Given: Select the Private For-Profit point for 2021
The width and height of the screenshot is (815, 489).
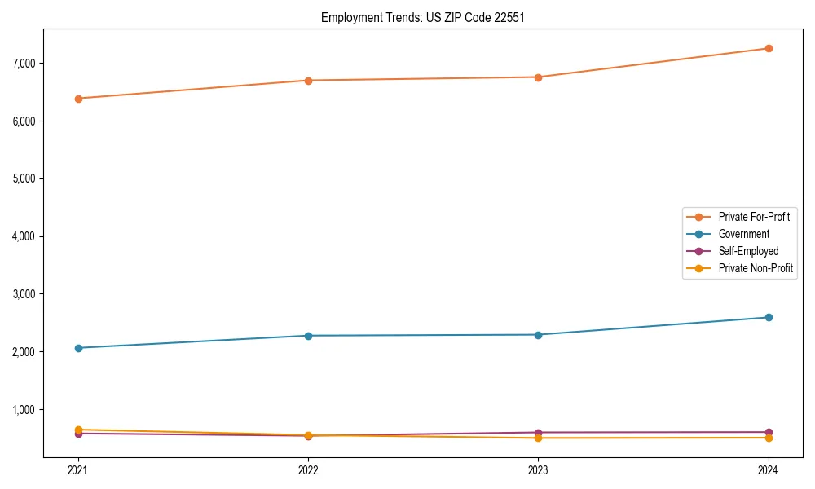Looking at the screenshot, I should click(x=78, y=99).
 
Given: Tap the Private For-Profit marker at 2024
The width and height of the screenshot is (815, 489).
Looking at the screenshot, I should click(x=769, y=48).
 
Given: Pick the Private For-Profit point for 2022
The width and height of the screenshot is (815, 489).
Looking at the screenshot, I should click(x=308, y=81).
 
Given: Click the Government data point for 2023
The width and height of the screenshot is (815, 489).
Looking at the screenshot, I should click(x=538, y=335).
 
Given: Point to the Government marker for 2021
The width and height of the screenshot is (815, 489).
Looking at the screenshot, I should click(x=78, y=348).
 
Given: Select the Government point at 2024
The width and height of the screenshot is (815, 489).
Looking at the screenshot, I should click(x=769, y=317).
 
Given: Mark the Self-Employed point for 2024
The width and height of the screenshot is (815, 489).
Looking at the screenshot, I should click(x=769, y=432).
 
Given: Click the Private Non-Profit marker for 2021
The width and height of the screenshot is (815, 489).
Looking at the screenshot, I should click(x=78, y=430).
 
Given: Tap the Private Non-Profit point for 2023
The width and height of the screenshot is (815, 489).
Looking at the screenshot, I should click(x=538, y=438).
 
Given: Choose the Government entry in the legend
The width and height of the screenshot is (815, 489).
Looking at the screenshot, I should click(x=743, y=234).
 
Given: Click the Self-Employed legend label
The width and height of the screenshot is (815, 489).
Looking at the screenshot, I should click(x=748, y=251).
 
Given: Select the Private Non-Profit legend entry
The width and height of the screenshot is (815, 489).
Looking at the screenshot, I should click(x=756, y=268).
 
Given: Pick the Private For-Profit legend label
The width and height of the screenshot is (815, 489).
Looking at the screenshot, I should click(x=754, y=217).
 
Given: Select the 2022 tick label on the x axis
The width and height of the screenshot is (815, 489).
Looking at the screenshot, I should click(x=308, y=470).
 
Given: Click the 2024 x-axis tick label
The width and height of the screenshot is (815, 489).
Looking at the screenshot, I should click(x=769, y=470).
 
